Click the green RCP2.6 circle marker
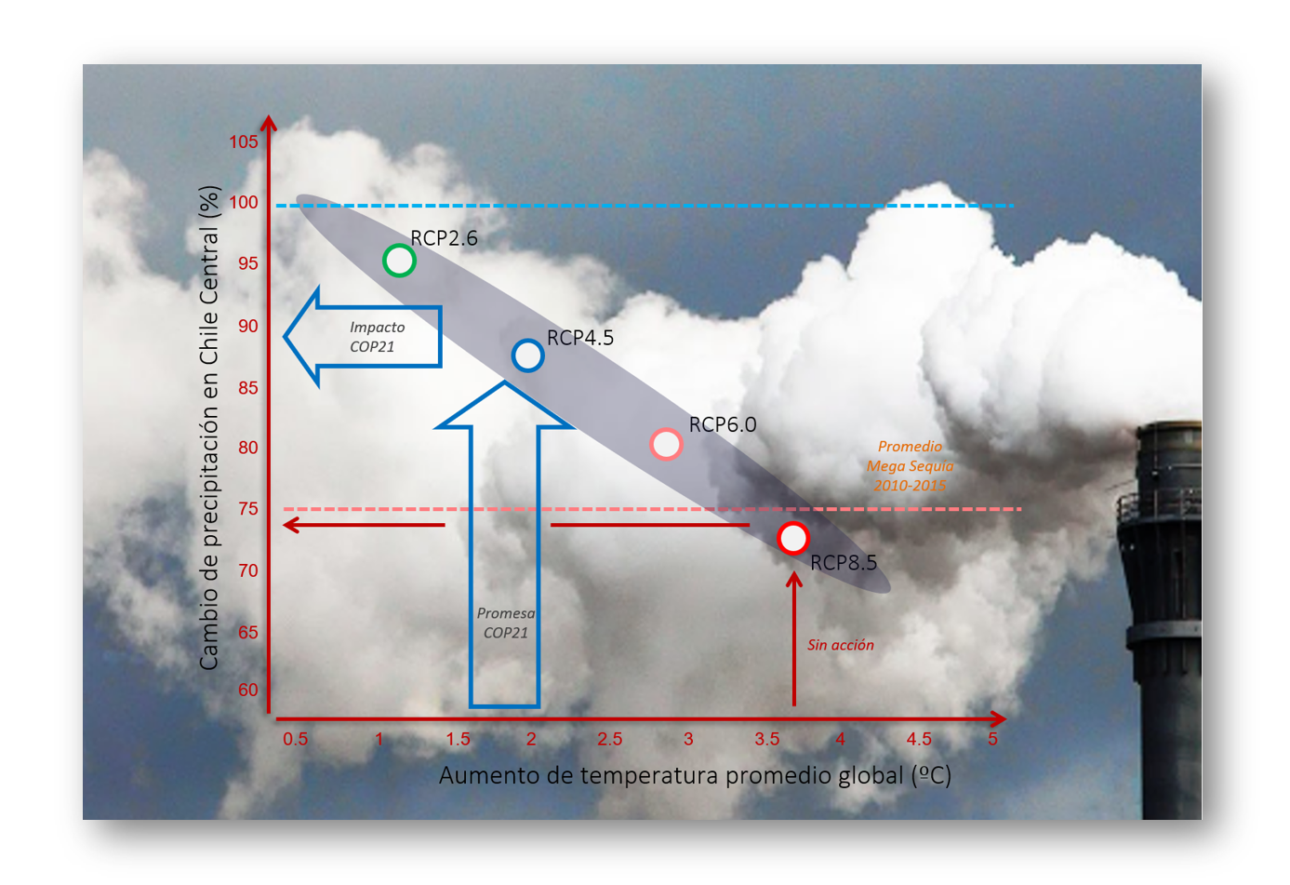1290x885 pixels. [x=399, y=261]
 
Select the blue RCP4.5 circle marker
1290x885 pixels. [x=527, y=355]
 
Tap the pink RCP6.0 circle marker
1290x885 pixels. [x=666, y=444]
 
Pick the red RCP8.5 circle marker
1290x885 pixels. [x=792, y=538]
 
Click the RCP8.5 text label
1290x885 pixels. [x=844, y=563]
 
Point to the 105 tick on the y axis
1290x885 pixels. [x=244, y=142]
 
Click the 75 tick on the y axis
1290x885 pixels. [x=248, y=508]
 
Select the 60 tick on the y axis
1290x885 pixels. [x=248, y=690]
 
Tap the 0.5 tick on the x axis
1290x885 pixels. [x=296, y=740]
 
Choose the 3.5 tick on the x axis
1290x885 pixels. [x=767, y=740]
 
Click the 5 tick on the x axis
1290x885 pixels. [x=992, y=740]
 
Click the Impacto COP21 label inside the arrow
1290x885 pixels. [x=377, y=337]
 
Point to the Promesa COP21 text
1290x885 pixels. [x=506, y=623]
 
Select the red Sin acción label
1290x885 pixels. [x=840, y=645]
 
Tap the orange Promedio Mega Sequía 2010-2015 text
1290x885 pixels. [x=910, y=466]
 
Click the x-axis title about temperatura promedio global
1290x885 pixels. [x=695, y=776]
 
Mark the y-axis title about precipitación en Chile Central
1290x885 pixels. [x=209, y=427]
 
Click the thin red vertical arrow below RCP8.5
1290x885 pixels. [x=794, y=642]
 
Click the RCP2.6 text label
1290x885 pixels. [x=445, y=238]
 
